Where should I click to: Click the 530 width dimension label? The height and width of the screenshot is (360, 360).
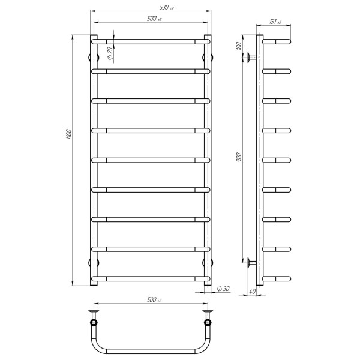click(x=166, y=7)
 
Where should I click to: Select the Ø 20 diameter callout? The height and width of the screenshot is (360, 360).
click(x=110, y=53)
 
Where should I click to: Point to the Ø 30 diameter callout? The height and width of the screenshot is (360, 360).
click(x=223, y=289)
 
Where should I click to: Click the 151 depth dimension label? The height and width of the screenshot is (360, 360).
click(x=275, y=22)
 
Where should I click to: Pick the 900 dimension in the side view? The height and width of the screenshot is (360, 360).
click(x=239, y=157)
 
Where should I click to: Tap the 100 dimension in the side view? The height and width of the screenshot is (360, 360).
click(x=239, y=46)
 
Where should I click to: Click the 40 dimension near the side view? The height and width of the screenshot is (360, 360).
click(x=252, y=292)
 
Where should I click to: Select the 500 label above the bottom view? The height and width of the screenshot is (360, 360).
click(x=154, y=300)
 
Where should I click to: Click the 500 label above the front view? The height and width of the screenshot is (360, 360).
click(x=154, y=19)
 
